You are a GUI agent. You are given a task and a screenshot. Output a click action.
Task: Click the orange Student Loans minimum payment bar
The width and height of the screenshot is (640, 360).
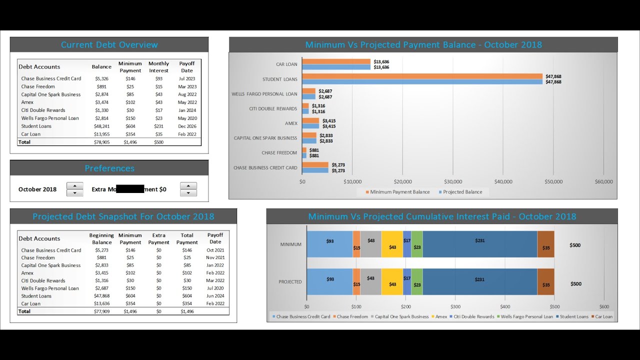pyautogui.click(x=422, y=76)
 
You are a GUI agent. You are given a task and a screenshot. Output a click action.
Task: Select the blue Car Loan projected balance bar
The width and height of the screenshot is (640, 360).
pyautogui.click(x=336, y=67)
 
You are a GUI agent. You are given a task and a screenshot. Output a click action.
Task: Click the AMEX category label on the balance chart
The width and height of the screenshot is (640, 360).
pyautogui.click(x=291, y=123)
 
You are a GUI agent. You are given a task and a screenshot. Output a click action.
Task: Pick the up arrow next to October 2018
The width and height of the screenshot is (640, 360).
pyautogui.click(x=74, y=185)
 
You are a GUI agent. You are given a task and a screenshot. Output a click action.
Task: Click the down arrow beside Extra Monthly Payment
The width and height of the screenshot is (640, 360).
pyautogui.click(x=188, y=193)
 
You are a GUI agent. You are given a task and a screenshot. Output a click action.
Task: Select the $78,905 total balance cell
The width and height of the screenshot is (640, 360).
pyautogui.click(x=101, y=142)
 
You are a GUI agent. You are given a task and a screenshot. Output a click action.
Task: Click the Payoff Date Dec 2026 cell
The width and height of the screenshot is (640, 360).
pyautogui.click(x=187, y=126)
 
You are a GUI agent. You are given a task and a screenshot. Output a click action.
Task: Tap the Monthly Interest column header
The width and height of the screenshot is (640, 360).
pyautogui.click(x=158, y=67)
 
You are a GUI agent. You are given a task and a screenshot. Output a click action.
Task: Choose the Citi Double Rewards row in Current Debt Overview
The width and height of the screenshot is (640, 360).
pyautogui.click(x=43, y=110)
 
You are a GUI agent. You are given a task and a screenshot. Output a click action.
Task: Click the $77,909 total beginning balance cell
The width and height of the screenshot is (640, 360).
pyautogui.click(x=101, y=311)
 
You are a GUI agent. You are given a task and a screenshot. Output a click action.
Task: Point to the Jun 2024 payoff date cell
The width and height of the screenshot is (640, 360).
pyautogui.click(x=215, y=296)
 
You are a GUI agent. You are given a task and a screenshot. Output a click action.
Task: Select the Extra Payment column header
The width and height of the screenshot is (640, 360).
pyautogui.click(x=158, y=238)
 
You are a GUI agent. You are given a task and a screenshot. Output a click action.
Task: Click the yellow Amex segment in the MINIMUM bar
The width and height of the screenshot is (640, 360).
pyautogui.click(x=392, y=244)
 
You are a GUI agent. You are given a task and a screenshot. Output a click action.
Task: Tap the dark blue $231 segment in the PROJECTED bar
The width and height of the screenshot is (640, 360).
pyautogui.click(x=479, y=281)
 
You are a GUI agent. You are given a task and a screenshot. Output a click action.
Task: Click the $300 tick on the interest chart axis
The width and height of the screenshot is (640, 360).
pyautogui.click(x=455, y=306)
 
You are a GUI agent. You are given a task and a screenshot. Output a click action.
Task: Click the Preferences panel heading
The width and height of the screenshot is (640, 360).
pyautogui.click(x=109, y=168)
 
